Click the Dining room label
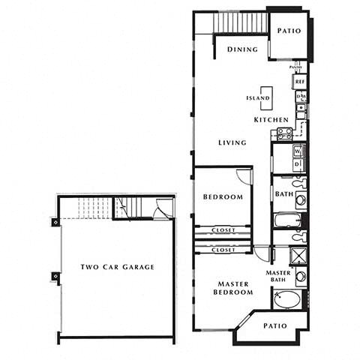pos(241,49)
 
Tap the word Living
pos(232,143)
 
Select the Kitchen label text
pos(270,120)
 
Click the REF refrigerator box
pos(299,81)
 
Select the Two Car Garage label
pos(118,267)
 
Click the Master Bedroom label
pos(233,289)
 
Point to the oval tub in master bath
pos(286,301)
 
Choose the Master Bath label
pos(279,277)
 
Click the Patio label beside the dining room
pos(289,31)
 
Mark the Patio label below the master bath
pos(277,327)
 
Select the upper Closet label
pos(223,229)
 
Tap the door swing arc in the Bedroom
pos(244,177)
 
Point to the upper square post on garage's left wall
pos(55,222)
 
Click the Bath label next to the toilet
pos(284,194)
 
